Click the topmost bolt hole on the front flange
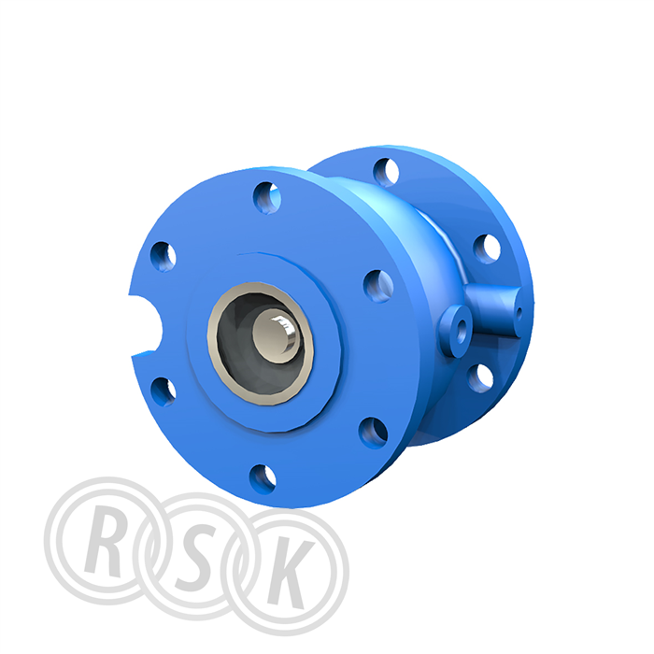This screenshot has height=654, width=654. point(267,198)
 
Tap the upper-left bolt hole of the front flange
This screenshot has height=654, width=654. point(163,256)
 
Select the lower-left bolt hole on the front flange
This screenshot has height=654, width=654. point(163,391)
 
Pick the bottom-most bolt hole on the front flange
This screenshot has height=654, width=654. point(263,479)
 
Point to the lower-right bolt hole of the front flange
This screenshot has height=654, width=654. point(373,433)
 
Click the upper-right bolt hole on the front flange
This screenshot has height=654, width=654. point(378,286)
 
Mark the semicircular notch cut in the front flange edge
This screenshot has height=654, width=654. point(146,325)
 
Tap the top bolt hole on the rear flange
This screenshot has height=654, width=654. point(386,172)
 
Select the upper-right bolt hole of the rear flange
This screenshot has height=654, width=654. point(487,249)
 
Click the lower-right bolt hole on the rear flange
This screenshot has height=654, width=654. point(480,378)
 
